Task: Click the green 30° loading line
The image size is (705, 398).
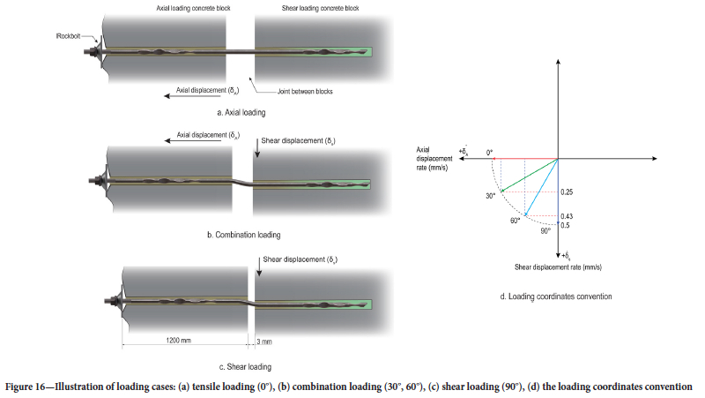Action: (x=529, y=175)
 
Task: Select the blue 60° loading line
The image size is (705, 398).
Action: (x=542, y=187)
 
